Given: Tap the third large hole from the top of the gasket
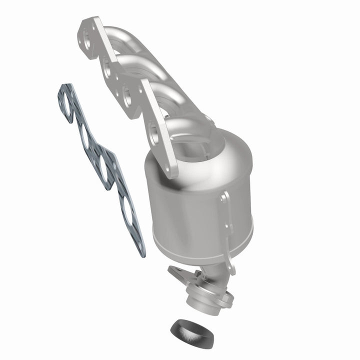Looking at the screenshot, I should coord(105,164).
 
